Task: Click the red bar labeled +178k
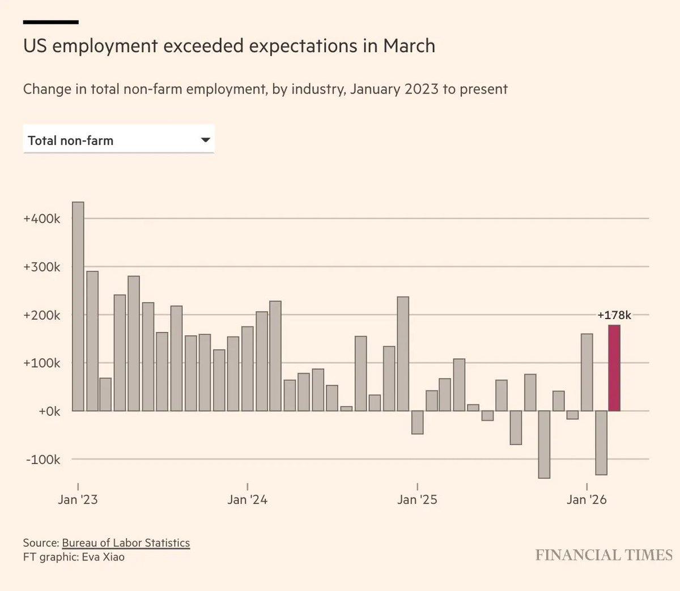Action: click(614, 368)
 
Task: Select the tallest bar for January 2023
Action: click(78, 306)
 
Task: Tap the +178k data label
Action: click(614, 315)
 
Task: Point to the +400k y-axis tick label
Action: click(41, 219)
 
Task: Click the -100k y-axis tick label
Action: click(42, 460)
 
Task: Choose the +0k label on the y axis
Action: click(49, 411)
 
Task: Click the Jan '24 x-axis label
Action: click(247, 499)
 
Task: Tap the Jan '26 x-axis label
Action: click(586, 499)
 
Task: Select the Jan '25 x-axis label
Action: click(417, 499)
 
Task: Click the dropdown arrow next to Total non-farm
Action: click(206, 140)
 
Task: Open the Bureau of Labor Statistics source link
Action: click(126, 543)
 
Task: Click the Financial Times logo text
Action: click(603, 555)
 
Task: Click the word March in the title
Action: click(409, 46)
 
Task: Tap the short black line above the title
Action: click(50, 22)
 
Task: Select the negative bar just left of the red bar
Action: click(601, 443)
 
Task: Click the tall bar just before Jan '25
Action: click(403, 354)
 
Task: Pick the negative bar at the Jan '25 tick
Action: click(417, 422)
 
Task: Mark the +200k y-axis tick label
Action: click(41, 315)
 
